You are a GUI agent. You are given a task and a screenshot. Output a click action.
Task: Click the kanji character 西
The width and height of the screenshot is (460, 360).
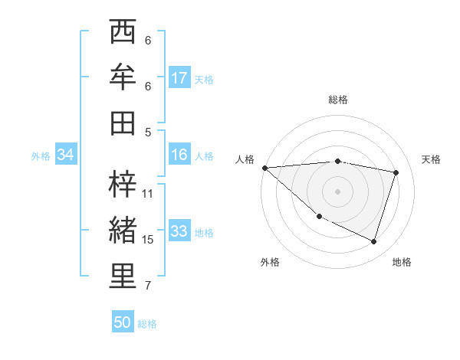click(x=123, y=33)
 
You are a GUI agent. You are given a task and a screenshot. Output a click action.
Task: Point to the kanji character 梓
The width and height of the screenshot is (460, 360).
click(x=123, y=184)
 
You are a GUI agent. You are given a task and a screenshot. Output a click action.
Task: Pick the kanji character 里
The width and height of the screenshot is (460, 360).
click(x=123, y=277)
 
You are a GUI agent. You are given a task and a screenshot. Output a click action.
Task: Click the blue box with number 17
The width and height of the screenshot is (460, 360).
click(x=179, y=78)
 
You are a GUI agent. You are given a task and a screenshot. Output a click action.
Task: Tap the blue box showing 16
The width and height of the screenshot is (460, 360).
click(x=179, y=155)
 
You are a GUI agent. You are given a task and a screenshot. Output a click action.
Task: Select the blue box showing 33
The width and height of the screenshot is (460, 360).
click(x=179, y=231)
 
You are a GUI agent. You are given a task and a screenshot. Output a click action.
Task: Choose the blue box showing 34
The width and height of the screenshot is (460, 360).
click(x=66, y=155)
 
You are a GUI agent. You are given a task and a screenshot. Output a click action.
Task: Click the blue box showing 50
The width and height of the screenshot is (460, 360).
click(x=123, y=322)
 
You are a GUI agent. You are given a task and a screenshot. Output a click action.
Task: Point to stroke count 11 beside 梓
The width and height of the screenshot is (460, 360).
click(x=148, y=193)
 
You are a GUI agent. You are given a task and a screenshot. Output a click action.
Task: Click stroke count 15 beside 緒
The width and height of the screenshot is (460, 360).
click(x=148, y=240)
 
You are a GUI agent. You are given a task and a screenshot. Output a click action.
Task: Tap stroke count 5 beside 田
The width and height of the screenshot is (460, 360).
click(x=148, y=132)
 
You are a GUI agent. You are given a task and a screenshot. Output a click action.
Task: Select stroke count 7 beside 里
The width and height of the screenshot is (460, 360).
click(x=148, y=286)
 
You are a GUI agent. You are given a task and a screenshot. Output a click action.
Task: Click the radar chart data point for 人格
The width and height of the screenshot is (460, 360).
click(x=264, y=167)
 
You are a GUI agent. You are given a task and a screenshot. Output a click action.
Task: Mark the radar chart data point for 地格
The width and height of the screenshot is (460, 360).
click(x=373, y=242)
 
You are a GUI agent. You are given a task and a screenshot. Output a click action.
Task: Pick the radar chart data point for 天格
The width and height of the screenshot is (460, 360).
click(x=396, y=172)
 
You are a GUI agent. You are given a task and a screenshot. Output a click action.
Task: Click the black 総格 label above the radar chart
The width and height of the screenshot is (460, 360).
click(x=338, y=100)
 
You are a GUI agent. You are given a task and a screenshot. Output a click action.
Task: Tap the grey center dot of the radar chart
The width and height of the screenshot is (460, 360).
click(x=338, y=190)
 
